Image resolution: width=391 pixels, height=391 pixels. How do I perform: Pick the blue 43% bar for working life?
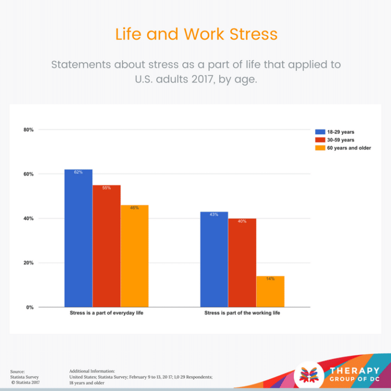(x=214, y=259)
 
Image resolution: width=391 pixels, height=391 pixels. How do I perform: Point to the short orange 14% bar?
(x=270, y=291)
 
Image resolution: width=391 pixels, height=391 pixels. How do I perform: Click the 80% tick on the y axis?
(x=29, y=130)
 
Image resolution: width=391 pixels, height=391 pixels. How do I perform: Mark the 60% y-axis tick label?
(x=29, y=174)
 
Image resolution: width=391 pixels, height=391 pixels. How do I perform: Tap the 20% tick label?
(x=29, y=263)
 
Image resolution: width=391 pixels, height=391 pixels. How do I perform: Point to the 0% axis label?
(x=30, y=308)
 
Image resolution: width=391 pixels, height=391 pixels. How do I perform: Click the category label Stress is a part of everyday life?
(x=106, y=313)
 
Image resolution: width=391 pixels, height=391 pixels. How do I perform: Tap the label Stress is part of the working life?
(x=242, y=313)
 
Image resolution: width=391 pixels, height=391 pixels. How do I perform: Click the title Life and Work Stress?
(x=196, y=34)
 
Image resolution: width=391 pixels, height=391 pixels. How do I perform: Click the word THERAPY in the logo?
(x=354, y=371)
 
